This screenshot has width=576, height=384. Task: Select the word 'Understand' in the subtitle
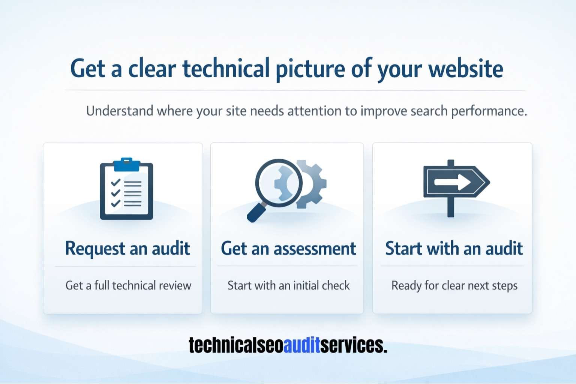pyautogui.click(x=120, y=111)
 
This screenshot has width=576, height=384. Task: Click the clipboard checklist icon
pyautogui.click(x=126, y=190)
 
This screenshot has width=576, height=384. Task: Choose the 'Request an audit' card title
pyautogui.click(x=127, y=248)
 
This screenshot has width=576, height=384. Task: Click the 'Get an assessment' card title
pyautogui.click(x=288, y=248)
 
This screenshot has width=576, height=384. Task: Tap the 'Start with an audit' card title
pyautogui.click(x=454, y=248)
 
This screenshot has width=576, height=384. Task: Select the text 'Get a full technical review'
pyautogui.click(x=128, y=285)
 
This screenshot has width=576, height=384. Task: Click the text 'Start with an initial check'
pyautogui.click(x=288, y=285)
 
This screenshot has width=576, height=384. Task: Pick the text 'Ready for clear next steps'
pyautogui.click(x=454, y=285)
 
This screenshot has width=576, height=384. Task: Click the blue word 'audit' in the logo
pyautogui.click(x=301, y=345)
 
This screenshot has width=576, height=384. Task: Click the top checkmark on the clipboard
pyautogui.click(x=115, y=182)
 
